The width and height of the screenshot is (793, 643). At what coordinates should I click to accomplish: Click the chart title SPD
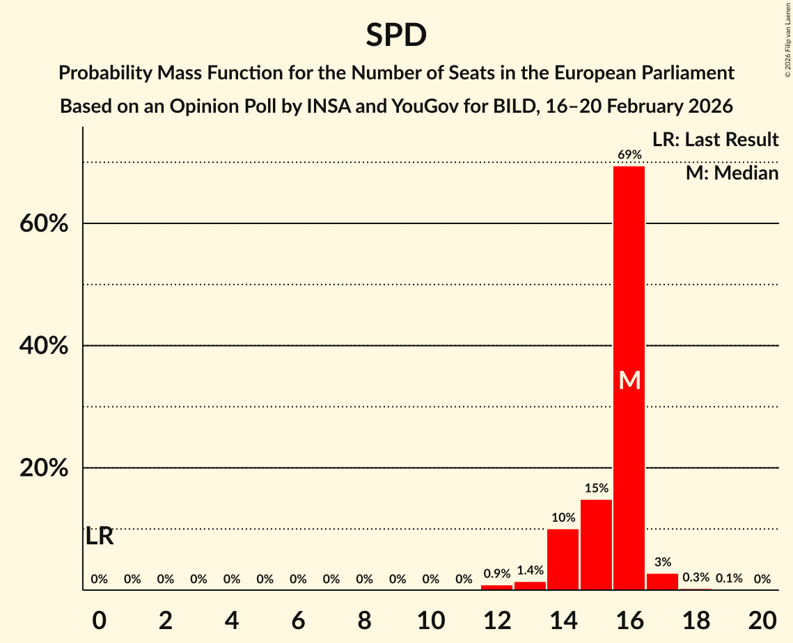pyautogui.click(x=396, y=35)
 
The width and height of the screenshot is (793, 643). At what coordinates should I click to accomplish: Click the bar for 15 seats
pyautogui.click(x=596, y=544)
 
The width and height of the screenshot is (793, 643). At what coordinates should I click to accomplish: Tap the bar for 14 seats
pyautogui.click(x=563, y=559)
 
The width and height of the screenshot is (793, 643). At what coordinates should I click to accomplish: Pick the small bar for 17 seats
pyautogui.click(x=662, y=582)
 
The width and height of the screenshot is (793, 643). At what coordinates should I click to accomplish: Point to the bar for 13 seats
pyautogui.click(x=530, y=586)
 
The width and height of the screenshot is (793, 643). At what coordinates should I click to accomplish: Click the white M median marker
pyautogui.click(x=629, y=380)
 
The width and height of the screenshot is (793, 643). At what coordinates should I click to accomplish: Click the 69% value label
pyautogui.click(x=629, y=154)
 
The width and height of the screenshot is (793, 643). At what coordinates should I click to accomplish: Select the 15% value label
pyautogui.click(x=596, y=488)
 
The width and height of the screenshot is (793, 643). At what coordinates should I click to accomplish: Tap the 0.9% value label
pyautogui.click(x=496, y=574)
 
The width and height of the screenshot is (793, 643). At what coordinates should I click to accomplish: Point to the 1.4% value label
pyautogui.click(x=530, y=571)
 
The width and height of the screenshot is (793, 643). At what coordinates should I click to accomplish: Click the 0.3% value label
pyautogui.click(x=696, y=578)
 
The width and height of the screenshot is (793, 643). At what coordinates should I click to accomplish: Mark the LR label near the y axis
pyautogui.click(x=100, y=537)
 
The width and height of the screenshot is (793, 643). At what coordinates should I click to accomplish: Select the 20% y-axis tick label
pyautogui.click(x=44, y=468)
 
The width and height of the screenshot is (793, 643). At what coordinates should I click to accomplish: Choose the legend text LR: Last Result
pyautogui.click(x=715, y=140)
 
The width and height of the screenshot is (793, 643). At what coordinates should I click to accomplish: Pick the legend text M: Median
pyautogui.click(x=732, y=173)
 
